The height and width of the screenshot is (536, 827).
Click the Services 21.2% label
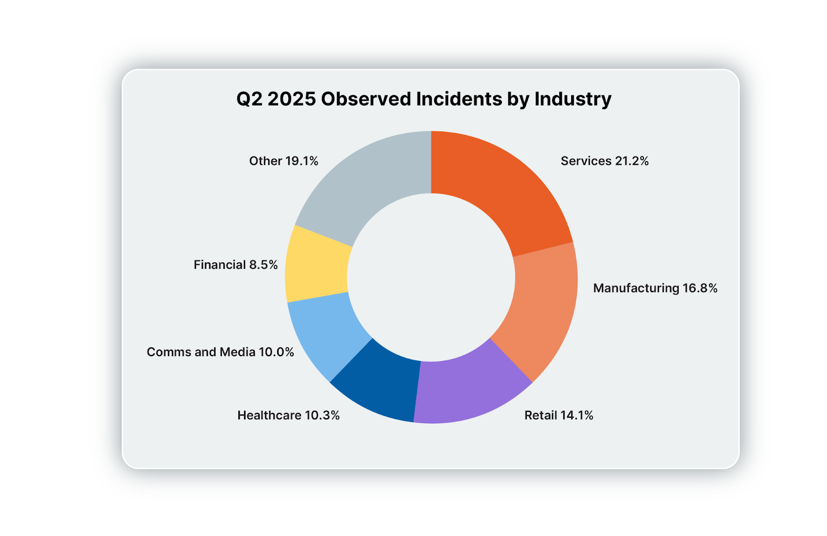pyautogui.click(x=604, y=161)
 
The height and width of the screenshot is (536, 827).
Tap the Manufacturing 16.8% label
pyautogui.click(x=655, y=288)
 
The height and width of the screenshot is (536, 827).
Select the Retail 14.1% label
pyautogui.click(x=558, y=415)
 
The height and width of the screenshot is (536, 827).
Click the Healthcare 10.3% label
pyautogui.click(x=288, y=415)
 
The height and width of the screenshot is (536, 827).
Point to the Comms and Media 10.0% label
pyautogui.click(x=220, y=352)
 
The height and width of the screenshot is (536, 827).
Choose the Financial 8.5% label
pyautogui.click(x=236, y=265)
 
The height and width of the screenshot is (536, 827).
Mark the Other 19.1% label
pyautogui.click(x=284, y=161)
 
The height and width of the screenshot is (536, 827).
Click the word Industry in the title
pyautogui.click(x=573, y=99)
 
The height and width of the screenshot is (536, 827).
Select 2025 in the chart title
pyautogui.click(x=292, y=99)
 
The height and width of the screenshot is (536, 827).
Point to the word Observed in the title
pyautogui.click(x=365, y=99)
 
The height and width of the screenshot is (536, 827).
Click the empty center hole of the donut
pyautogui.click(x=431, y=278)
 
